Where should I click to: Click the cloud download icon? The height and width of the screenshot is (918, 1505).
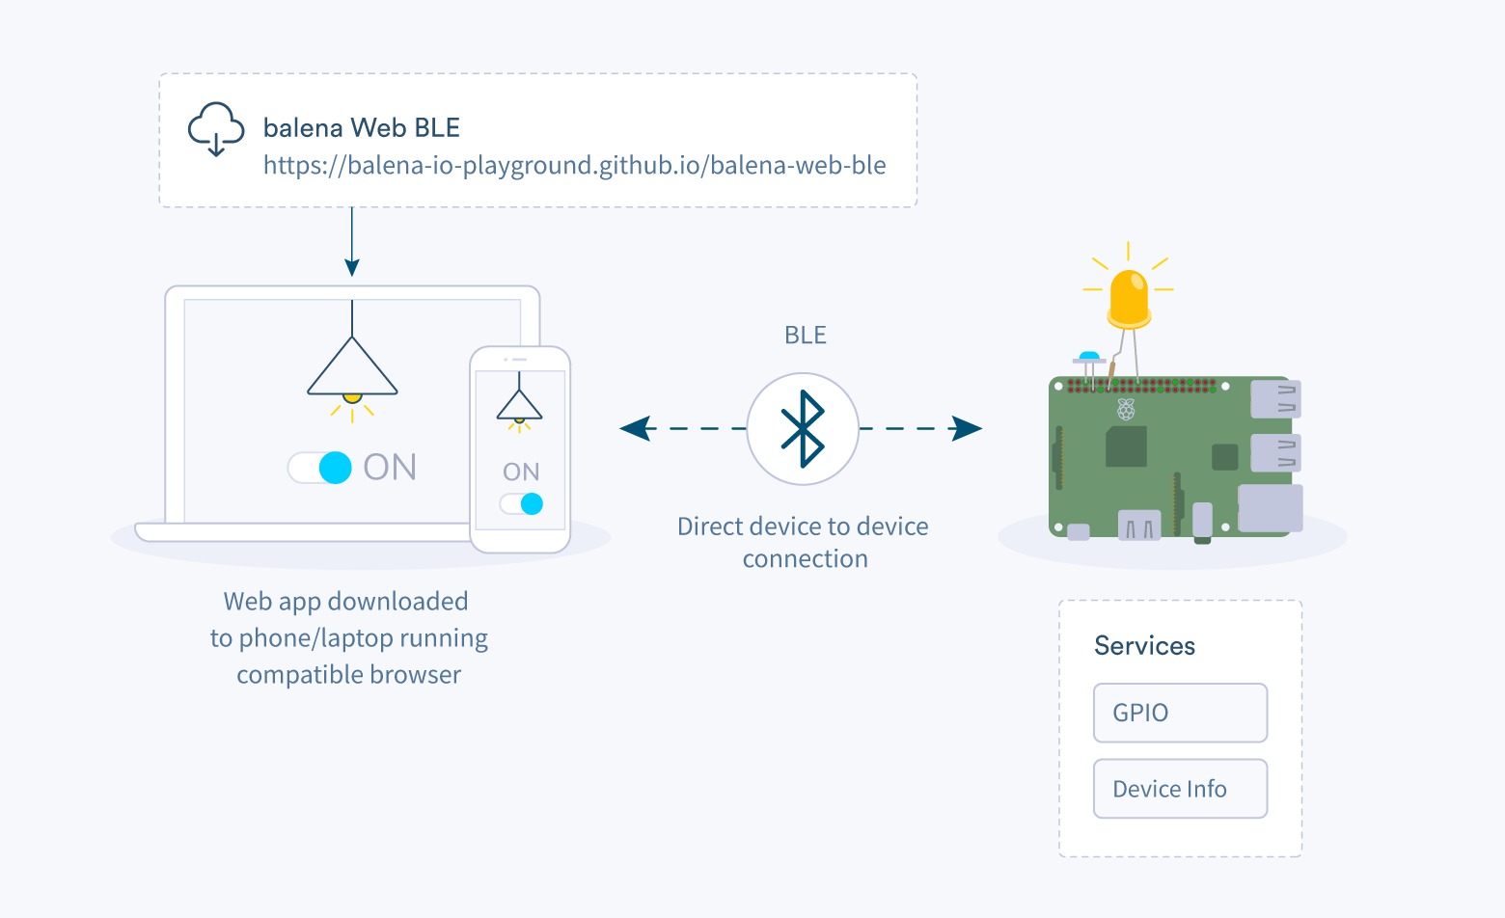pos(215,128)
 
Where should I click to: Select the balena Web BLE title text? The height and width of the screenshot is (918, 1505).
pos(361,128)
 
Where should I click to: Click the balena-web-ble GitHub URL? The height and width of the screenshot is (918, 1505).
pos(574,166)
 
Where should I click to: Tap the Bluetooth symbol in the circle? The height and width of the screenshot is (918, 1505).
pos(803,429)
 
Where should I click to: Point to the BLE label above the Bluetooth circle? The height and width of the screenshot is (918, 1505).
pos(805,336)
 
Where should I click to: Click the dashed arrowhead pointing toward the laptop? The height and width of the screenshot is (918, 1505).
pos(636,428)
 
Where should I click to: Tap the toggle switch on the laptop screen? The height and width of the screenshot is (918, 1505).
pos(321,468)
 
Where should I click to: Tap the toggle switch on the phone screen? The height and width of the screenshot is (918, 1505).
pos(521,503)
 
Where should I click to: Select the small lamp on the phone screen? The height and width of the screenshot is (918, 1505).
pos(519,406)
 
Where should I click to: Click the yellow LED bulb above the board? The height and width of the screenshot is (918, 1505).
pos(1129,297)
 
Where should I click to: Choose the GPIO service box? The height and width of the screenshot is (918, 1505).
pos(1179,713)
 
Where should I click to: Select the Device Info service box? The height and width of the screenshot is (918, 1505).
pos(1179,789)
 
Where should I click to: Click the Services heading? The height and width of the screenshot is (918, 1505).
pos(1144,646)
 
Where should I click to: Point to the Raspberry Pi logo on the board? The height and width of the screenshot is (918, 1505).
pos(1126,409)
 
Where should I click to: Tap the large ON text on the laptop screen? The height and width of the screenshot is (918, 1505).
pos(390,468)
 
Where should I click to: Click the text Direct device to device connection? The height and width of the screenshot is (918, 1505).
pos(803,542)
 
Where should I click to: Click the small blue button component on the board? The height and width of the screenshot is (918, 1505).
pos(1089,357)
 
